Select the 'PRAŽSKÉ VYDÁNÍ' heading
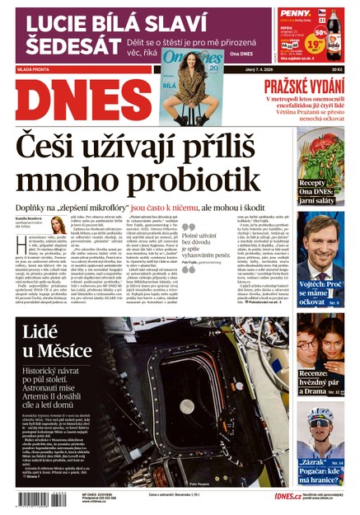point(302,87)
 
